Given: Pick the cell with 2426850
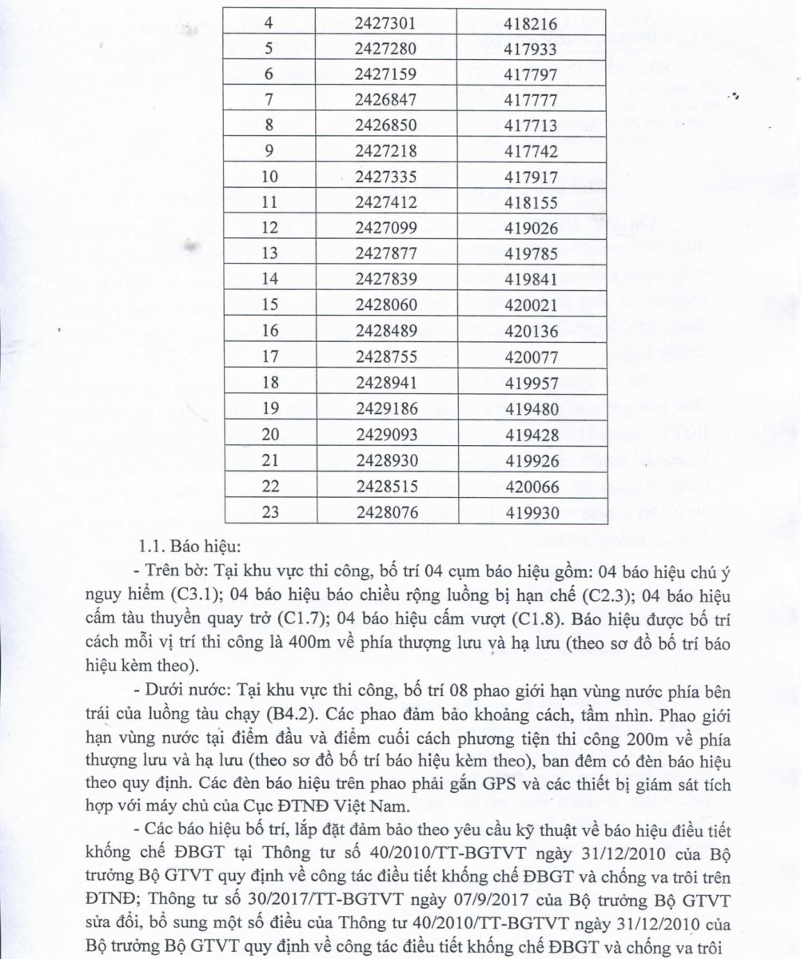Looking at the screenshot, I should click(386, 125).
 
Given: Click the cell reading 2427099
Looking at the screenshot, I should click(386, 228).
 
